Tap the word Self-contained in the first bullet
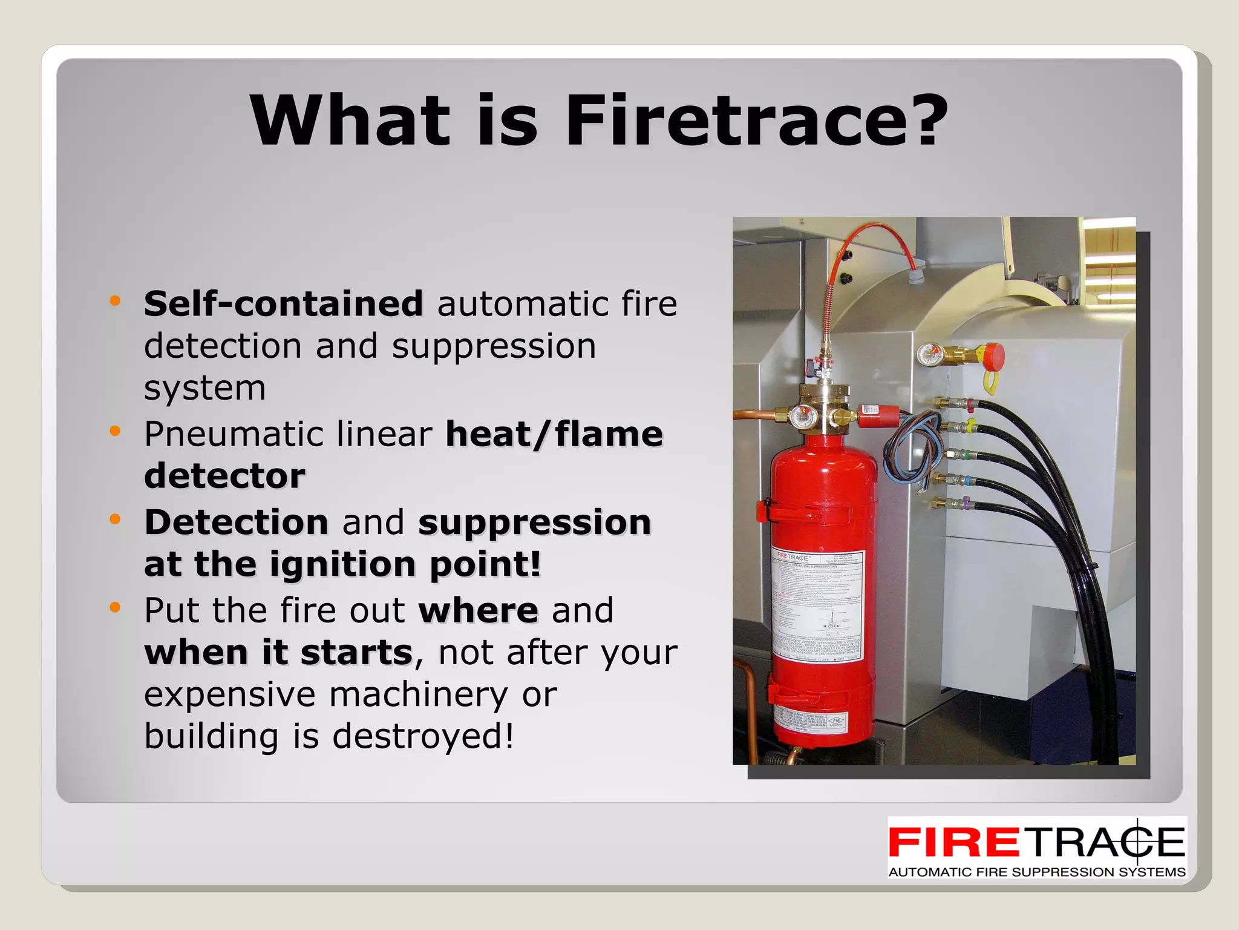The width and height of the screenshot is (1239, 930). point(283,303)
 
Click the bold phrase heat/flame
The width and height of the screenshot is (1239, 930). point(554,435)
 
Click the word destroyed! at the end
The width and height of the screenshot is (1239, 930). point(423,737)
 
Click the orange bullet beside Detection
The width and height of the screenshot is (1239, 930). point(115,519)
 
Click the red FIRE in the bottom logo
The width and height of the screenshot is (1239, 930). point(954,842)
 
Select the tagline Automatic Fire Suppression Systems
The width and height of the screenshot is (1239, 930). point(1036,872)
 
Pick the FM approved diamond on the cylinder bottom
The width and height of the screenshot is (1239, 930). point(837,721)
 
